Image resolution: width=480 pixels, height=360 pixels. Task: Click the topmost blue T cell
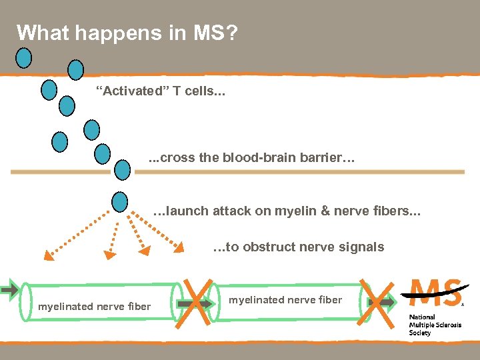(24, 59)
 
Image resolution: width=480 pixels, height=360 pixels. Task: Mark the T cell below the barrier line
(120, 201)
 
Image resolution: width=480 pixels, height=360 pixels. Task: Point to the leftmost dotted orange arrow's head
(48, 255)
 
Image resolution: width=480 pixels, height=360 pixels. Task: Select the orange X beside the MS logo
(375, 302)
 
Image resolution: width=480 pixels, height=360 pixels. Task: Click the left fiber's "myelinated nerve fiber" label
(94, 307)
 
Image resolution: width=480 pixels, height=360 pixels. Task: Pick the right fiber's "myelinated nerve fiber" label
(285, 300)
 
